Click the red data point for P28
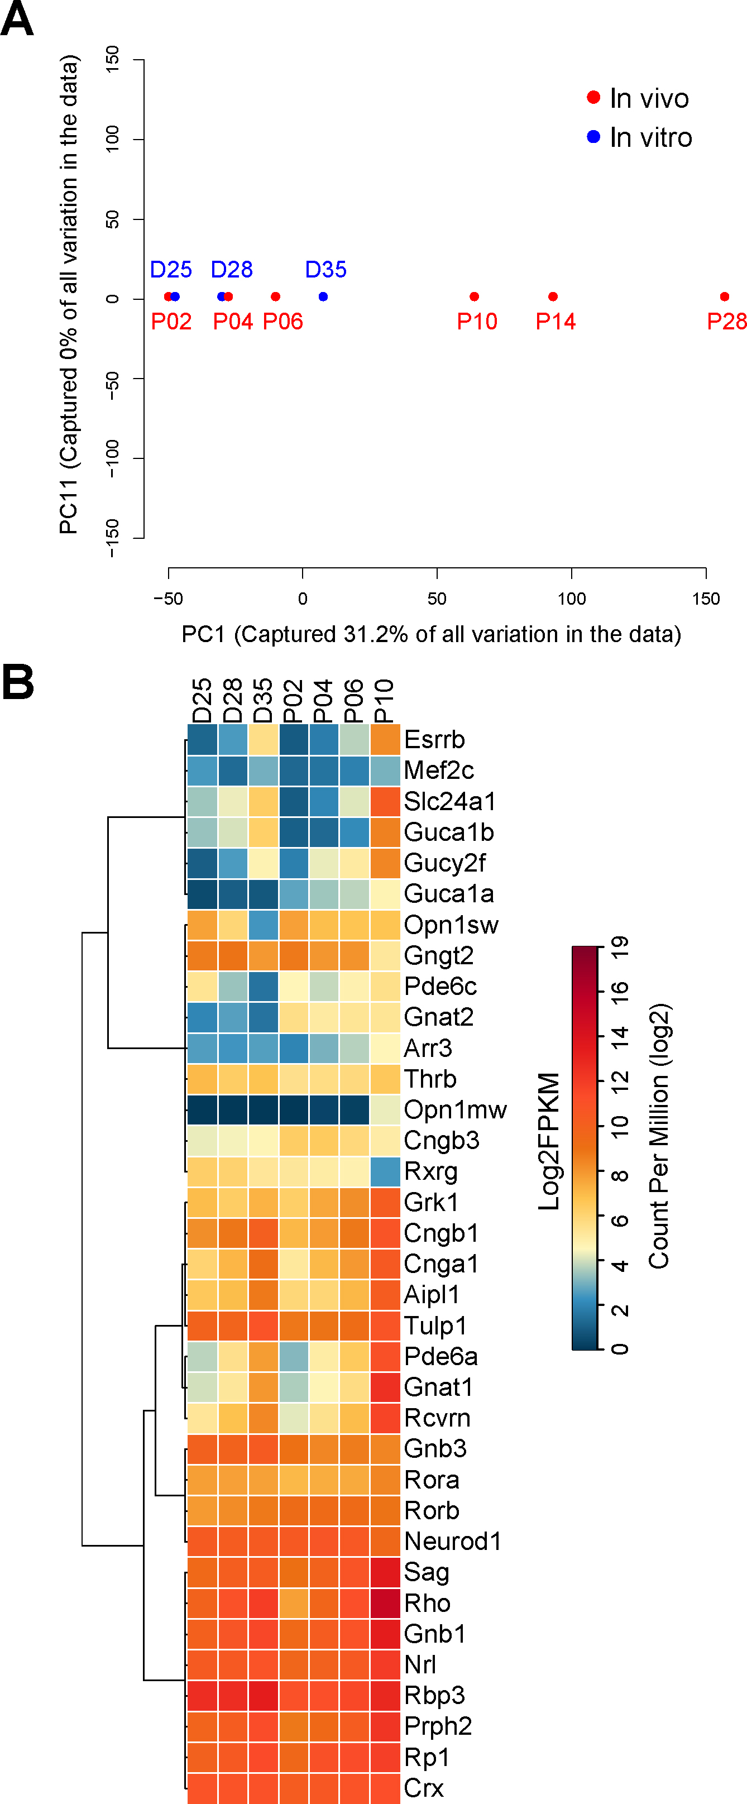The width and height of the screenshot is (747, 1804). coord(724,297)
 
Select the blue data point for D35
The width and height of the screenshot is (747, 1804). coord(323,297)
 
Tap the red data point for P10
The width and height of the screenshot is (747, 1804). coord(474,297)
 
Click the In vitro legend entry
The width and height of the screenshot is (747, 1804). coord(650,137)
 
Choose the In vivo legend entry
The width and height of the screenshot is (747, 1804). coord(648,98)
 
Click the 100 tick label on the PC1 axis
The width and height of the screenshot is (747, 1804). coord(571,599)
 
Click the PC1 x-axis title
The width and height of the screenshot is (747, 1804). coord(430,634)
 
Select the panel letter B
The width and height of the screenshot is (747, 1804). coord(18,682)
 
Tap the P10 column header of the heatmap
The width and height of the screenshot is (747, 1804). coord(384,700)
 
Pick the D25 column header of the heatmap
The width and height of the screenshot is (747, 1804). coord(202,700)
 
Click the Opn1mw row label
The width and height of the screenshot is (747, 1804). coord(455,1110)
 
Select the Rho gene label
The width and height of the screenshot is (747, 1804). coord(427,1603)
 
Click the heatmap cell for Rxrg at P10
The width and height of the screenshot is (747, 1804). coord(384,1171)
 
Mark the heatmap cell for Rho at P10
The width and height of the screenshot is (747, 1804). coord(384,1603)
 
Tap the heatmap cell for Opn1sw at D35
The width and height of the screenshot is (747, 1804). coord(263,925)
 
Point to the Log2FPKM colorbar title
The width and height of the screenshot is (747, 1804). coord(549,1141)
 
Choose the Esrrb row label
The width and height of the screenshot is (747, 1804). coord(434,740)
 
